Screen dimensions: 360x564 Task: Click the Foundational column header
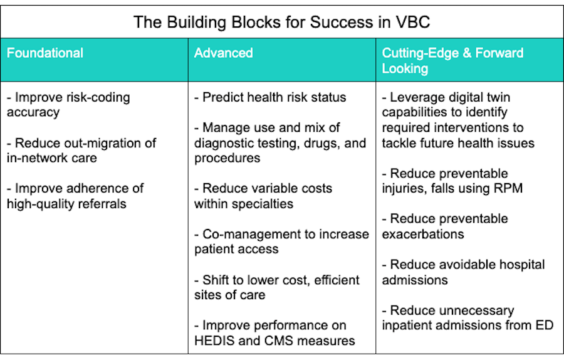pyautogui.click(x=45, y=53)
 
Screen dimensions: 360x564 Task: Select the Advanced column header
pyautogui.click(x=223, y=53)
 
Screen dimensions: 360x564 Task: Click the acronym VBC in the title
pyautogui.click(x=412, y=23)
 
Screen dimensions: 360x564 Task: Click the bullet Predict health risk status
pyautogui.click(x=271, y=98)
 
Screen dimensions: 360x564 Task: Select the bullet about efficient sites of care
pyautogui.click(x=276, y=287)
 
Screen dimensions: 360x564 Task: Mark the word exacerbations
pyautogui.click(x=423, y=234)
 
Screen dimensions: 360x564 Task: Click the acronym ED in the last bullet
pyautogui.click(x=545, y=325)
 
